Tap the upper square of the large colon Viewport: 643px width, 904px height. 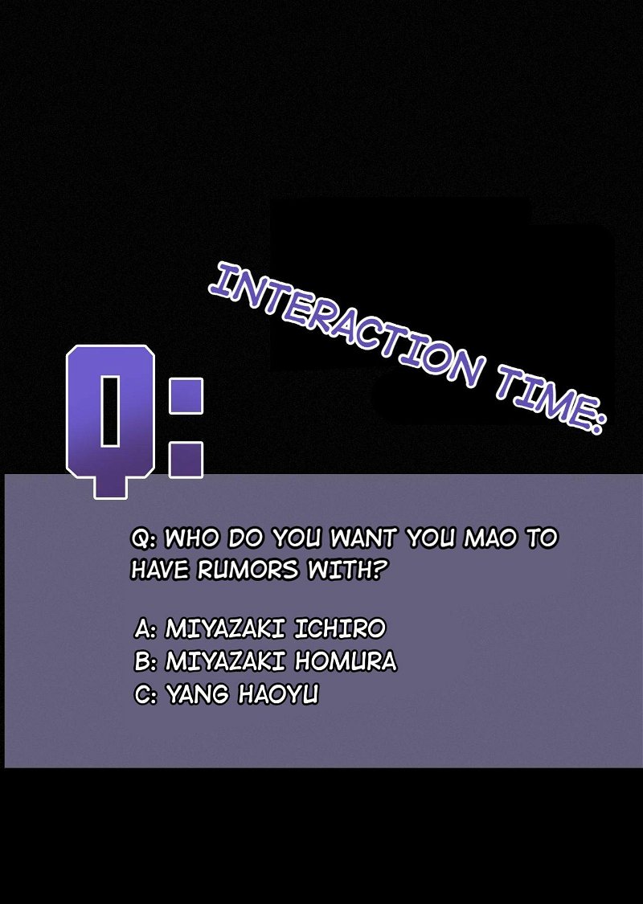[186, 395]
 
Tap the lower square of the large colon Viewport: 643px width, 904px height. [186, 460]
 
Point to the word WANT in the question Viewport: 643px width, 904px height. [362, 538]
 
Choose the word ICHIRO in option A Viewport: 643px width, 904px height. [340, 628]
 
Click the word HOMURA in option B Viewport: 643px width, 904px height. [346, 661]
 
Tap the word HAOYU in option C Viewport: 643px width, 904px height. [279, 694]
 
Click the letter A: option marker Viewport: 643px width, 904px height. [145, 628]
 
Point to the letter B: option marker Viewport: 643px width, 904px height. [145, 661]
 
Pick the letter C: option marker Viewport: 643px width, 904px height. [145, 694]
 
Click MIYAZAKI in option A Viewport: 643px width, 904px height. [226, 628]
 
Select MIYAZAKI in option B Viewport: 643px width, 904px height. [226, 661]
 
